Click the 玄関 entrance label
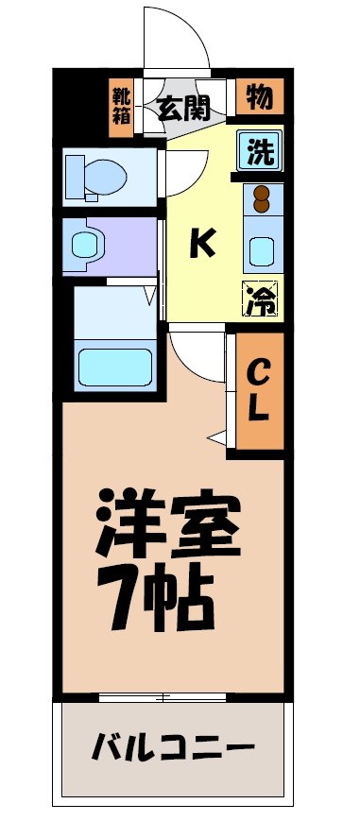click(183, 109)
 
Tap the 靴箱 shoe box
click(122, 107)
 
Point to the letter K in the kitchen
click(201, 245)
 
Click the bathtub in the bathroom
click(114, 366)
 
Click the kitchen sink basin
click(261, 251)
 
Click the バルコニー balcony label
click(174, 750)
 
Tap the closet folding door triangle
click(219, 436)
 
